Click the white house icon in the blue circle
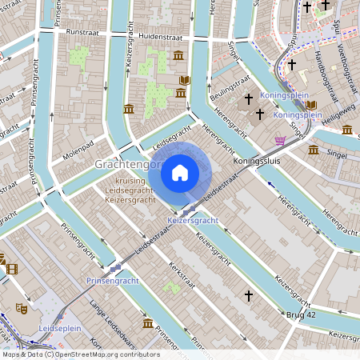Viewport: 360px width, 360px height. pos(180,172)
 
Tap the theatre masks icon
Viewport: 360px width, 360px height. pos(21,307)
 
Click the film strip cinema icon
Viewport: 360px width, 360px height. pos(11,268)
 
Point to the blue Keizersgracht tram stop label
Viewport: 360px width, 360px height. pos(193,219)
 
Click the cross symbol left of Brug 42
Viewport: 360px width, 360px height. pos(248,296)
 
